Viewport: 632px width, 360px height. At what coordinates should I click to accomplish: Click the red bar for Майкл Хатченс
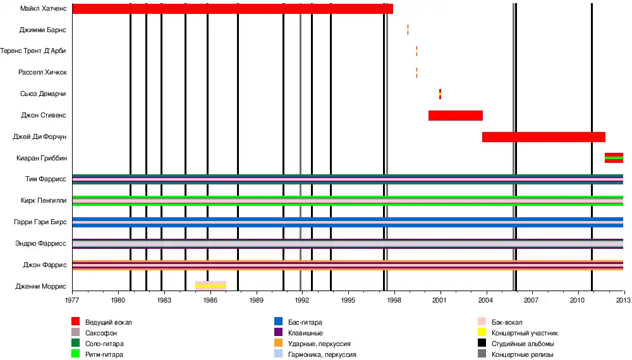point(233,9)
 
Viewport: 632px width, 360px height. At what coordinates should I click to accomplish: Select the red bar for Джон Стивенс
point(455,116)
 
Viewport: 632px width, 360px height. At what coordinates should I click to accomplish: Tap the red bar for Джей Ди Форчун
point(544,137)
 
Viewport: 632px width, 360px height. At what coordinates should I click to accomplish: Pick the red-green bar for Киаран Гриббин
point(614,158)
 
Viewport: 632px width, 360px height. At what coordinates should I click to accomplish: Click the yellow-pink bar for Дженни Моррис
point(210,285)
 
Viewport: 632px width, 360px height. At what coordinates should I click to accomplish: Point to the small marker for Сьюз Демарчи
point(440,94)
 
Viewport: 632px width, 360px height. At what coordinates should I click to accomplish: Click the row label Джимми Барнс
point(42,30)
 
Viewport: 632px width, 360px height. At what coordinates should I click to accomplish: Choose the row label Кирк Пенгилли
point(44,201)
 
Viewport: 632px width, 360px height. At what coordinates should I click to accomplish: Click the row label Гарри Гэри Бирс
point(40,222)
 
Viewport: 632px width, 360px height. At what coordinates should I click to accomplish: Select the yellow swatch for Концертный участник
point(482,333)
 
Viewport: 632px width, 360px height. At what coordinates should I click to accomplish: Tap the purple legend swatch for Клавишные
point(278,333)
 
